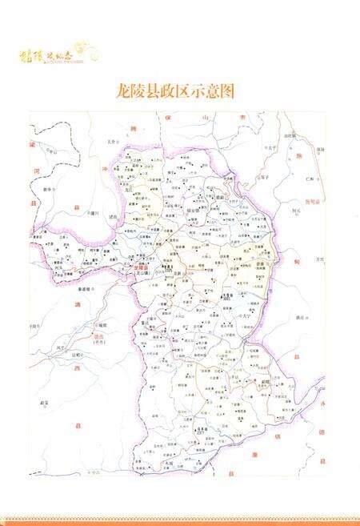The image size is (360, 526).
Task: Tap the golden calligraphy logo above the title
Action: tap(59, 54)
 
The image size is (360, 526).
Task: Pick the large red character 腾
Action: tap(134, 128)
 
